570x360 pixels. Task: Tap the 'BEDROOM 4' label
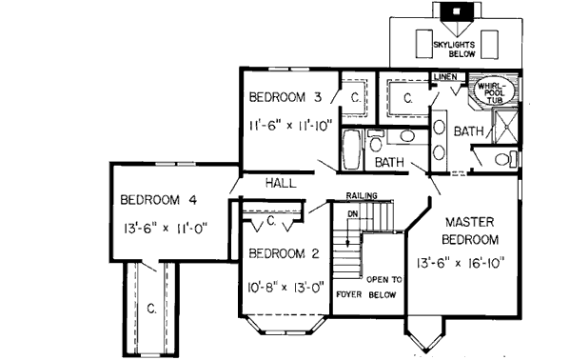pos(159,199)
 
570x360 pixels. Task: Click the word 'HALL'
pos(281,181)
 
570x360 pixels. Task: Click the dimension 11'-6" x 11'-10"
pos(289,125)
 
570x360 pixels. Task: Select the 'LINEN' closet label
pos(445,76)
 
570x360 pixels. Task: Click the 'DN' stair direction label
pos(352,213)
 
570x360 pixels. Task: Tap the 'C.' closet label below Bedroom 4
pos(151,307)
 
